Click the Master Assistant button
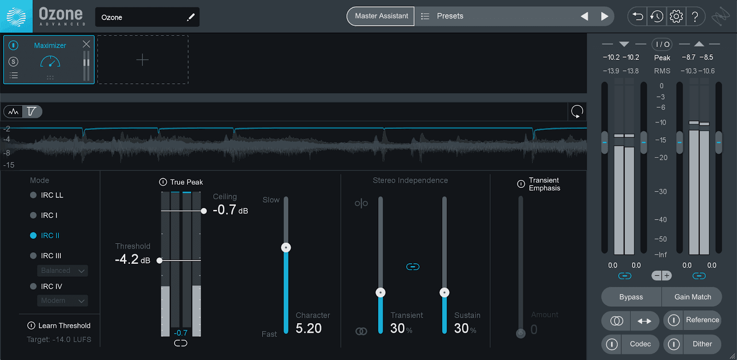click(380, 16)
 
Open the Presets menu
click(443, 16)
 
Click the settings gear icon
click(676, 16)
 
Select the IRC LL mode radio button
click(33, 195)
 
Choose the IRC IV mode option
click(33, 286)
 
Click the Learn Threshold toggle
click(31, 325)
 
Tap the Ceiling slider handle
click(204, 211)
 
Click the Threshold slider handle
click(159, 261)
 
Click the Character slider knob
click(286, 247)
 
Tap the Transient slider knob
click(380, 292)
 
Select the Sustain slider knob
click(445, 292)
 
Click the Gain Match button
click(692, 297)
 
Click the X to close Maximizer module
click(86, 44)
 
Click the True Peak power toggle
click(163, 182)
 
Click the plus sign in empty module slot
click(142, 60)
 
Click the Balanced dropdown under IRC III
click(63, 271)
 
